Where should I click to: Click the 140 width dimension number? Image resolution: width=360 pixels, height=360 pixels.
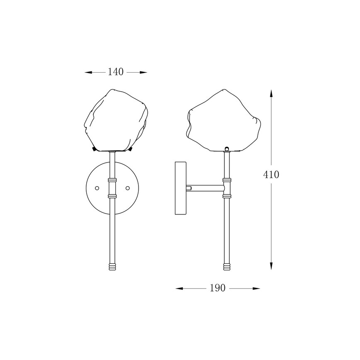pyautogui.click(x=116, y=72)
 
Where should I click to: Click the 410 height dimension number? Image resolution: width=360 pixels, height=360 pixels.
pyautogui.click(x=271, y=175)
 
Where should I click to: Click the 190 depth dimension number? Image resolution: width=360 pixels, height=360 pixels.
pyautogui.click(x=218, y=288)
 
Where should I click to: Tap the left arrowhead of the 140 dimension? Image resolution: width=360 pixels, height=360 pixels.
pyautogui.click(x=88, y=73)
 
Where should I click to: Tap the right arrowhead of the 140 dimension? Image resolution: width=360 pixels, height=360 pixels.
pyautogui.click(x=143, y=73)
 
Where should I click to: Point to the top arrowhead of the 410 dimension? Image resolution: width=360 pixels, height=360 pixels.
pyautogui.click(x=271, y=94)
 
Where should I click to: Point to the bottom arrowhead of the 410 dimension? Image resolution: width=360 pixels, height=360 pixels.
pyautogui.click(x=271, y=265)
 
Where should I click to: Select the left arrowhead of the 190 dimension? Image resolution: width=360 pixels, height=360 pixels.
pyautogui.click(x=179, y=288)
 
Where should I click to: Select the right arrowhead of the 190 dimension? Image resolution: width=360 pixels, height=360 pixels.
pyautogui.click(x=256, y=288)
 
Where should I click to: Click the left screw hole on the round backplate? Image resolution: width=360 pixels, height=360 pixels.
pyautogui.click(x=97, y=188)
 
